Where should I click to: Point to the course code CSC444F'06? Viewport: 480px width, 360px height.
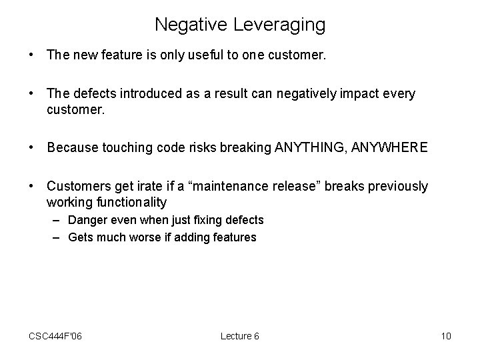[x=55, y=336]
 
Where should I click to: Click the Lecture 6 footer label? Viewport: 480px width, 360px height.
[x=240, y=336]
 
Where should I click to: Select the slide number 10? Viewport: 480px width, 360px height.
[x=446, y=336]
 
